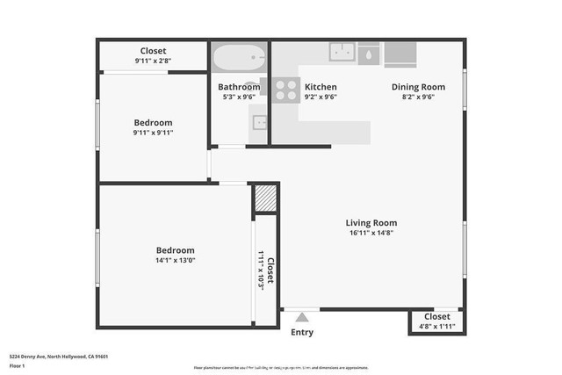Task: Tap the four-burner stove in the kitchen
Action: point(285,88)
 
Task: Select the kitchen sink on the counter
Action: point(342,52)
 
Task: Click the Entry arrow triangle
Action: point(302,318)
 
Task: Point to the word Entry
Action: point(302,333)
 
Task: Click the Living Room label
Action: point(371,223)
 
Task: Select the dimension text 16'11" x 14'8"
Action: point(371,234)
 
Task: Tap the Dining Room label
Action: point(418,87)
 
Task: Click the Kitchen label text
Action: point(321,87)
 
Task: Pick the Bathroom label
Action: point(239,87)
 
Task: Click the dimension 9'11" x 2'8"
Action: point(154,61)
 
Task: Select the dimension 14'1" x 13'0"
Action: point(176,260)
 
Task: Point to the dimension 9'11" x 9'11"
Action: point(154,133)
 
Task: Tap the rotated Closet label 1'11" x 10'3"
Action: point(266,269)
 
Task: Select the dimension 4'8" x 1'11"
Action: point(437,326)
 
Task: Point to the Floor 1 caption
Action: point(18,365)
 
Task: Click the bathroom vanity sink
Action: point(258,122)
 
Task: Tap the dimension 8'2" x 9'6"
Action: point(418,97)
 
